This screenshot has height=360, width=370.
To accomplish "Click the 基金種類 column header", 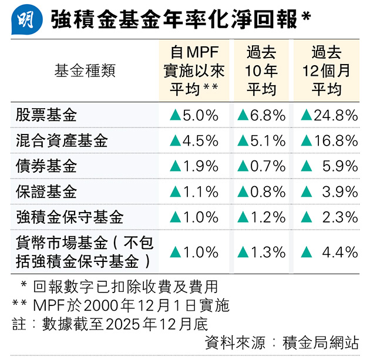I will coord(85,71).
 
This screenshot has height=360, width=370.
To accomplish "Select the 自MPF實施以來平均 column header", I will coord(194,71).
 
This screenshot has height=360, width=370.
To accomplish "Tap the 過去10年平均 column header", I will coord(261,71).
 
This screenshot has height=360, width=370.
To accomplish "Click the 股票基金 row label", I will coord(46,115).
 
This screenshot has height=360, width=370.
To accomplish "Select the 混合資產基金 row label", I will coord(62,141).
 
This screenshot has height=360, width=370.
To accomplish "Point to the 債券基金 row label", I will coord(46,166).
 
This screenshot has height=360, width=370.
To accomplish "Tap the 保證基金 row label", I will coord(46,191).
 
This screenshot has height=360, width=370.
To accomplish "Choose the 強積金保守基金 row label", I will coord(69,217).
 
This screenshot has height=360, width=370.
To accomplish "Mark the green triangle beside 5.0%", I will coord(175,116).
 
